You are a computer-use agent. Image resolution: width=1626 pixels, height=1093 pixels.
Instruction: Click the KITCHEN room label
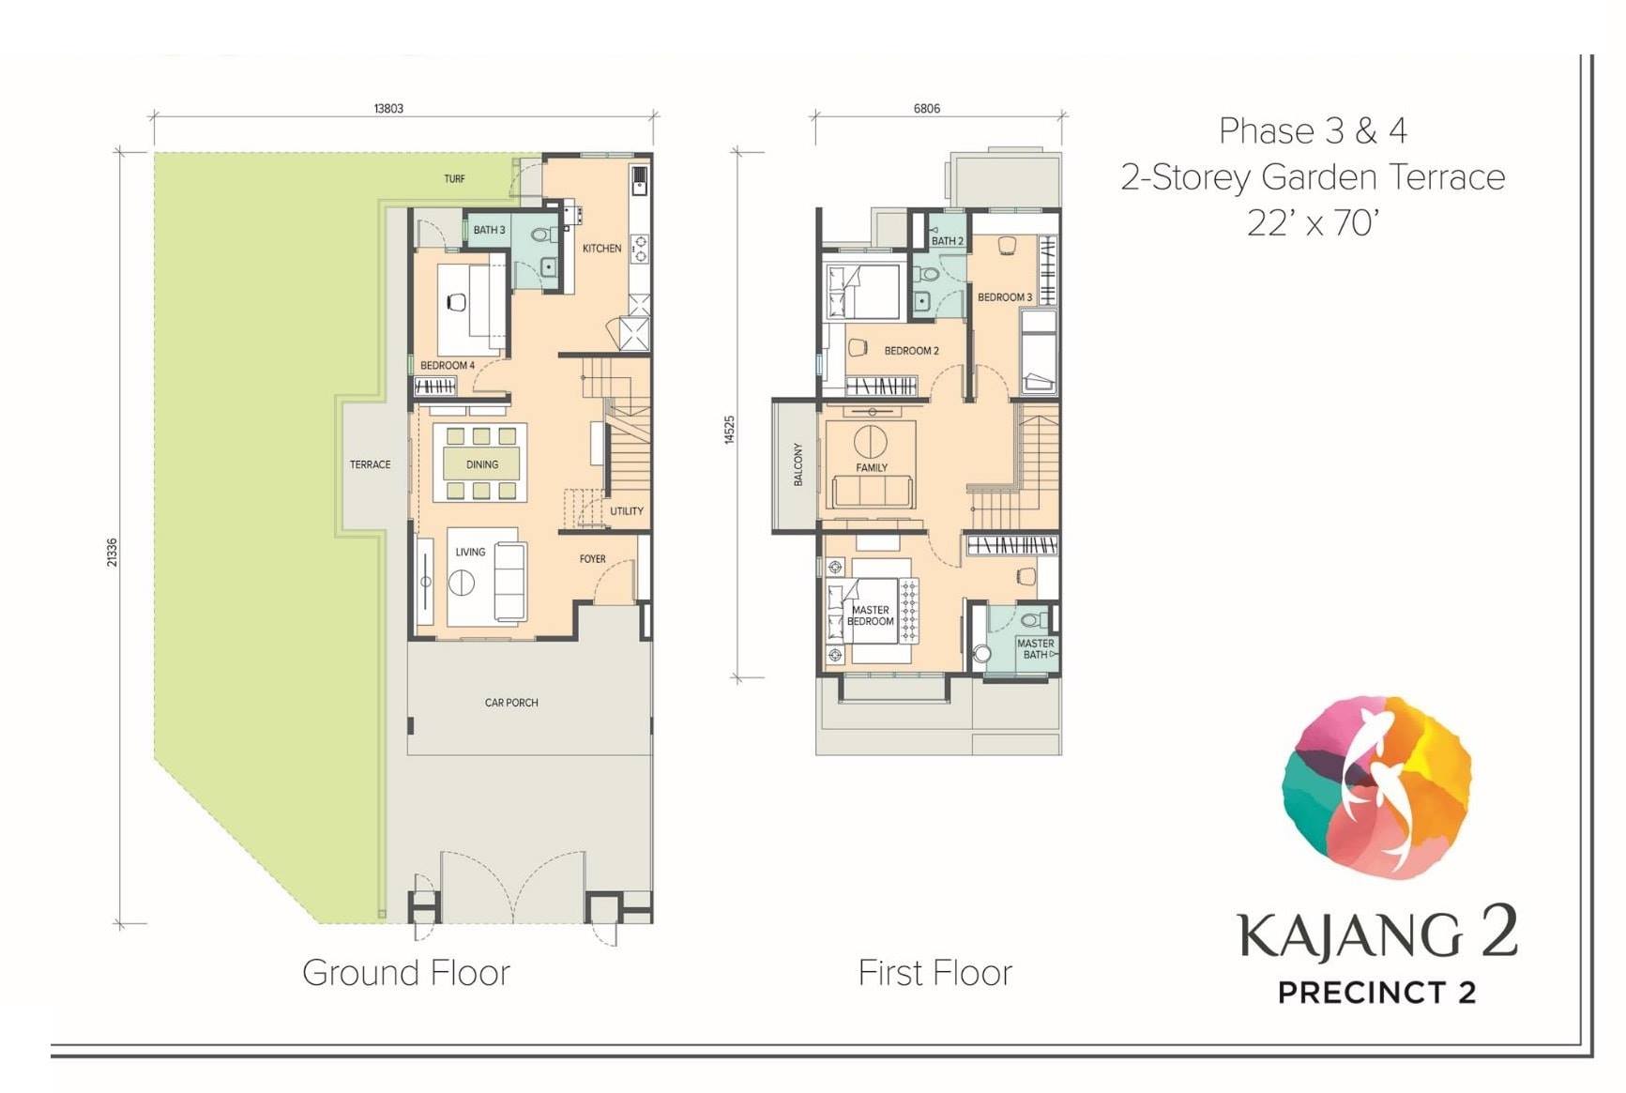coord(601,249)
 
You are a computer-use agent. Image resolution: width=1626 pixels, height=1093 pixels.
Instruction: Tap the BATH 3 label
coord(489,230)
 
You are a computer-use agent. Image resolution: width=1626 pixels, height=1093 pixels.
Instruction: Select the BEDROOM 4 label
coord(448,365)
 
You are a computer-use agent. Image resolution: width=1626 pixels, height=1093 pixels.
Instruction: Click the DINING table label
coord(482,464)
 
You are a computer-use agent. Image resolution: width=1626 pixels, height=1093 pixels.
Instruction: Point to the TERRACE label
coord(370,464)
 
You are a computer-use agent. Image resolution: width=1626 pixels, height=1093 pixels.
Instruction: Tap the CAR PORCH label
coord(511,703)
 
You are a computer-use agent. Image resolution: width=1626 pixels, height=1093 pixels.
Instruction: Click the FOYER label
coord(592,559)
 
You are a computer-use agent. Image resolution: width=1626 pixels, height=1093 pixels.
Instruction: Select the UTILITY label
coord(627,511)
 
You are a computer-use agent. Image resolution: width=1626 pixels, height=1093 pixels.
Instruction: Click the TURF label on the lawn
coord(454,178)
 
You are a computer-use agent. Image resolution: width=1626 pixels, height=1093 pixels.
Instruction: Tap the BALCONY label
coord(798,464)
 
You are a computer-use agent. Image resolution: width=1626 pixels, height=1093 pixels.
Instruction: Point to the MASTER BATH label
coord(1036,649)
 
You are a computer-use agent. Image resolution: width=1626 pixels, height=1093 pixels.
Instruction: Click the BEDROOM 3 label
coord(1005,297)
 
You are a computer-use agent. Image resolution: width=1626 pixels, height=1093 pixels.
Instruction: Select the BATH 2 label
coord(948,241)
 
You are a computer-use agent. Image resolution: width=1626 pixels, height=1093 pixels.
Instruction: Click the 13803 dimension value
coord(388,109)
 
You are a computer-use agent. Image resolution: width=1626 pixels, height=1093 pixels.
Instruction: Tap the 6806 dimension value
coord(927,109)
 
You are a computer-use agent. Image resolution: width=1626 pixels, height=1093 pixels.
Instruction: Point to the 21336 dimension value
coord(113,552)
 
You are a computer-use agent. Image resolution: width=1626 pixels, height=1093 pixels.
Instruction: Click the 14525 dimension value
coord(730,430)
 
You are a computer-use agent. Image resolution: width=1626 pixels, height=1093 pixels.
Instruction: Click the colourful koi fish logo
coord(1376,787)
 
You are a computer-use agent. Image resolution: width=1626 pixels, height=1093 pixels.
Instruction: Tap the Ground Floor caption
coord(406,973)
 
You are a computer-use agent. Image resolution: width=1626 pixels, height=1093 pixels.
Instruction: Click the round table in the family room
coord(871,441)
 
